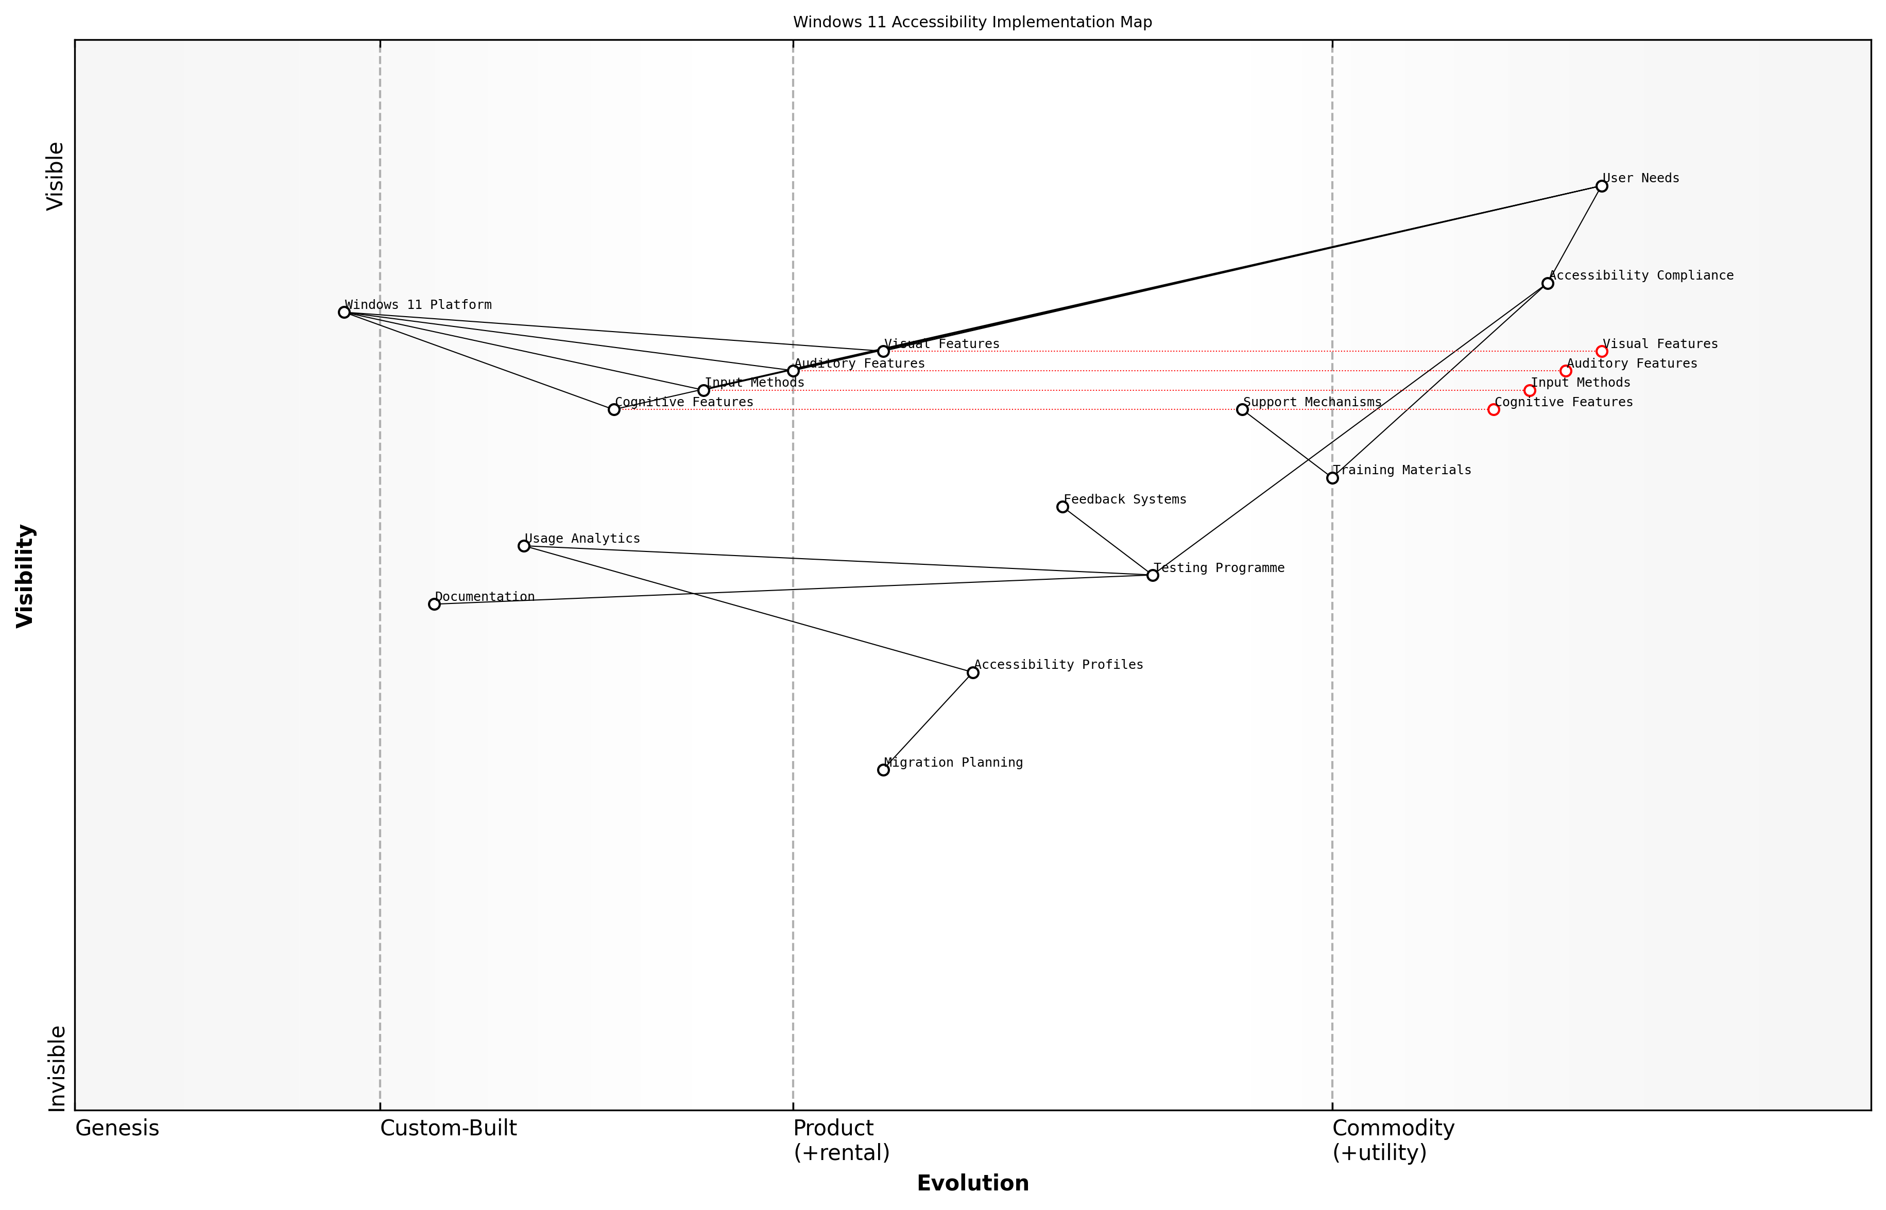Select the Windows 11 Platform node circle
[344, 312]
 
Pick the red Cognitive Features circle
[1493, 409]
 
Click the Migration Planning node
[883, 770]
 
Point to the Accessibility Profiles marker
[973, 672]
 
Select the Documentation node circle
[434, 604]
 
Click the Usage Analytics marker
[524, 546]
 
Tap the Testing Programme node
[1153, 575]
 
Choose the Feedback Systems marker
[1062, 507]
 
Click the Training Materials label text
[1402, 470]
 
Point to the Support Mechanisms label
[1312, 402]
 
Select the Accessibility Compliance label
[1641, 275]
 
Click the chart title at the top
[972, 22]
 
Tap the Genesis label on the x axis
[117, 1128]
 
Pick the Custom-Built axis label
[448, 1128]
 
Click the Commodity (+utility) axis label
[1393, 1140]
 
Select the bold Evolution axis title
[972, 1183]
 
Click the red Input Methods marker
[1529, 390]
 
